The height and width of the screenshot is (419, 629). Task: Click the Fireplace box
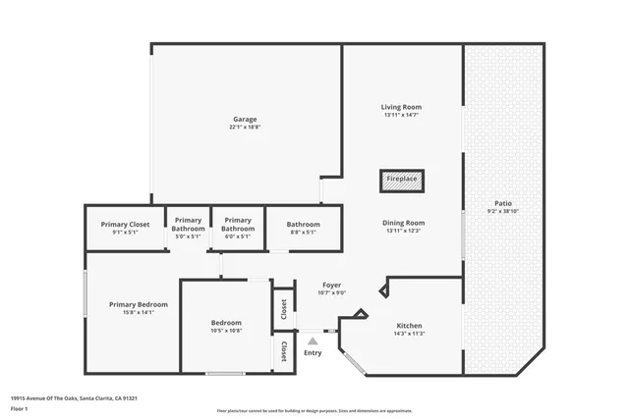tap(401, 180)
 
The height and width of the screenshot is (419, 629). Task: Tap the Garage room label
tap(245, 120)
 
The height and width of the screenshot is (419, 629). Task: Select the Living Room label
tap(402, 106)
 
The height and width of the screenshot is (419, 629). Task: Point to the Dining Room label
tap(403, 223)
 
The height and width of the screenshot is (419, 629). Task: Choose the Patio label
tap(502, 203)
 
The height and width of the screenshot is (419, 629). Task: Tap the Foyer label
tap(331, 286)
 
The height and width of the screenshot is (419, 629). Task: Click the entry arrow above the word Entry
tap(313, 340)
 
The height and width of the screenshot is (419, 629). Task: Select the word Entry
tap(313, 352)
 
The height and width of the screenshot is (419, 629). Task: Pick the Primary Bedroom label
tap(139, 304)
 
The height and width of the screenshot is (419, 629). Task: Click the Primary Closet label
tap(126, 225)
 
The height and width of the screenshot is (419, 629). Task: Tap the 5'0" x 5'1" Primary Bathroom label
tap(188, 225)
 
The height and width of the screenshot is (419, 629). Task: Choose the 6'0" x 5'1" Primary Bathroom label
tap(238, 225)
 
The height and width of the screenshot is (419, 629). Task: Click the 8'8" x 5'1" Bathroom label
tap(304, 225)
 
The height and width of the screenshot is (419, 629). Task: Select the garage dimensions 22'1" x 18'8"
tap(245, 128)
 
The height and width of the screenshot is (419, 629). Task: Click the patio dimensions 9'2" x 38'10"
tap(502, 211)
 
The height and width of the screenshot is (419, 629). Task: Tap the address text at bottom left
tap(74, 398)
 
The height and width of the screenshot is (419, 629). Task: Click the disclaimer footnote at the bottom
tap(314, 411)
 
